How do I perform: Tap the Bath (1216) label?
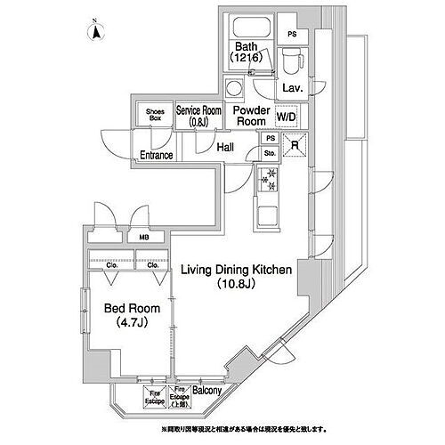pos(247,53)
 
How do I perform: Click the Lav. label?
pos(292,89)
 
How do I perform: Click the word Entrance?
pos(156,155)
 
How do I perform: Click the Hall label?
pos(226,148)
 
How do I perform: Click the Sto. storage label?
pos(270,153)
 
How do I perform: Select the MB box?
pos(143,238)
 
